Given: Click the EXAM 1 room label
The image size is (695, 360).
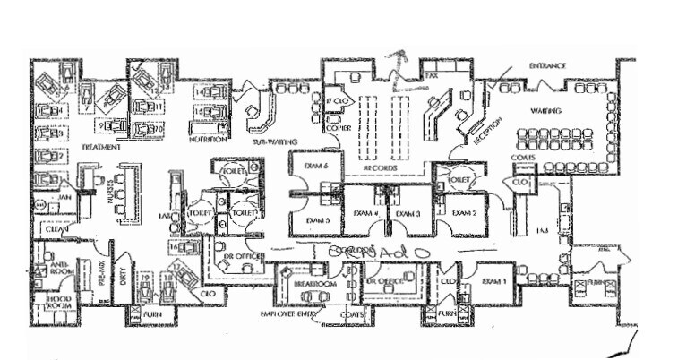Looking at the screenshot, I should [494, 281].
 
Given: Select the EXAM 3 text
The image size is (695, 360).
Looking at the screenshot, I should [408, 215].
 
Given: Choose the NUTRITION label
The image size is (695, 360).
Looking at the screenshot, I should [207, 141].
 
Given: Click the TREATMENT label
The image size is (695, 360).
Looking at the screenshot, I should [100, 146].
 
